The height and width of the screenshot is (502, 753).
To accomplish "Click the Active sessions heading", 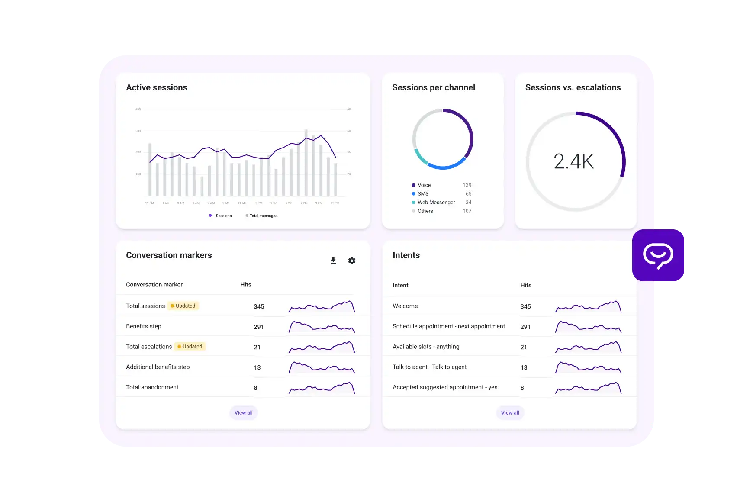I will [156, 87].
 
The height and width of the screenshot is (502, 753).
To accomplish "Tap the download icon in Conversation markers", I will [333, 261].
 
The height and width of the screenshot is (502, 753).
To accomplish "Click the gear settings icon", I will [352, 261].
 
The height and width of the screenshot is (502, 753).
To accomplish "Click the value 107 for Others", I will [467, 211].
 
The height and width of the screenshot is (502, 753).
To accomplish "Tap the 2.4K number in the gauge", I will [574, 161].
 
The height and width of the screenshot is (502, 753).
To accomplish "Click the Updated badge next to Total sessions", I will [183, 306].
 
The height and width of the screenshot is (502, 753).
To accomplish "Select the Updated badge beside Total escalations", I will [190, 347].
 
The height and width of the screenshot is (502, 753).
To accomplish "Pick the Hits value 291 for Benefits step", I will [259, 327].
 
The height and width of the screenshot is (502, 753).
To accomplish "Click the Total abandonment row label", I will [152, 387].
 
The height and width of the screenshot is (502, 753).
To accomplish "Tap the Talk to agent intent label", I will [429, 367].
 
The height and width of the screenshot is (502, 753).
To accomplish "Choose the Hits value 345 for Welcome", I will [525, 306].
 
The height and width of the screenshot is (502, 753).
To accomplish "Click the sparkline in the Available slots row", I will [588, 347].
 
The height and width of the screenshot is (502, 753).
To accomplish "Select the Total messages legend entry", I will [263, 216].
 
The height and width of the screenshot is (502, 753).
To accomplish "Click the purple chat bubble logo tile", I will [658, 255].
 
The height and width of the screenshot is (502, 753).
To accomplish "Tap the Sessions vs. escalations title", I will [573, 87].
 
